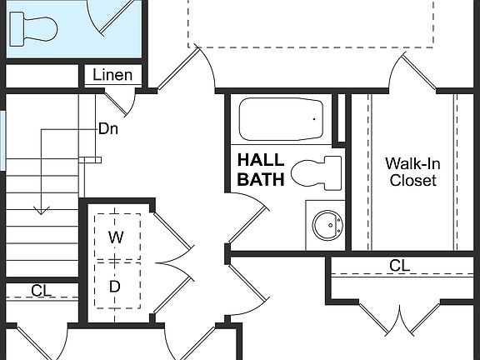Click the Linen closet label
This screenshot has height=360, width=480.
pyautogui.click(x=112, y=75)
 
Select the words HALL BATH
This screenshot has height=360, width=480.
pyautogui.click(x=261, y=169)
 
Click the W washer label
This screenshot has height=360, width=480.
pyautogui.click(x=116, y=237)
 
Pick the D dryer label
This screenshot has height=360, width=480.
pyautogui.click(x=115, y=286)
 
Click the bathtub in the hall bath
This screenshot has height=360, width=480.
pyautogui.click(x=282, y=120)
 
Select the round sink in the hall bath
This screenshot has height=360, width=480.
pyautogui.click(x=326, y=224)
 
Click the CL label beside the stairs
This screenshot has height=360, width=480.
pyautogui.click(x=42, y=291)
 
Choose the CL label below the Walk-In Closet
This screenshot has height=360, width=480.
pyautogui.click(x=400, y=266)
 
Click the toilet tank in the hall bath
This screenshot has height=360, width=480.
pyautogui.click(x=333, y=172)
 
